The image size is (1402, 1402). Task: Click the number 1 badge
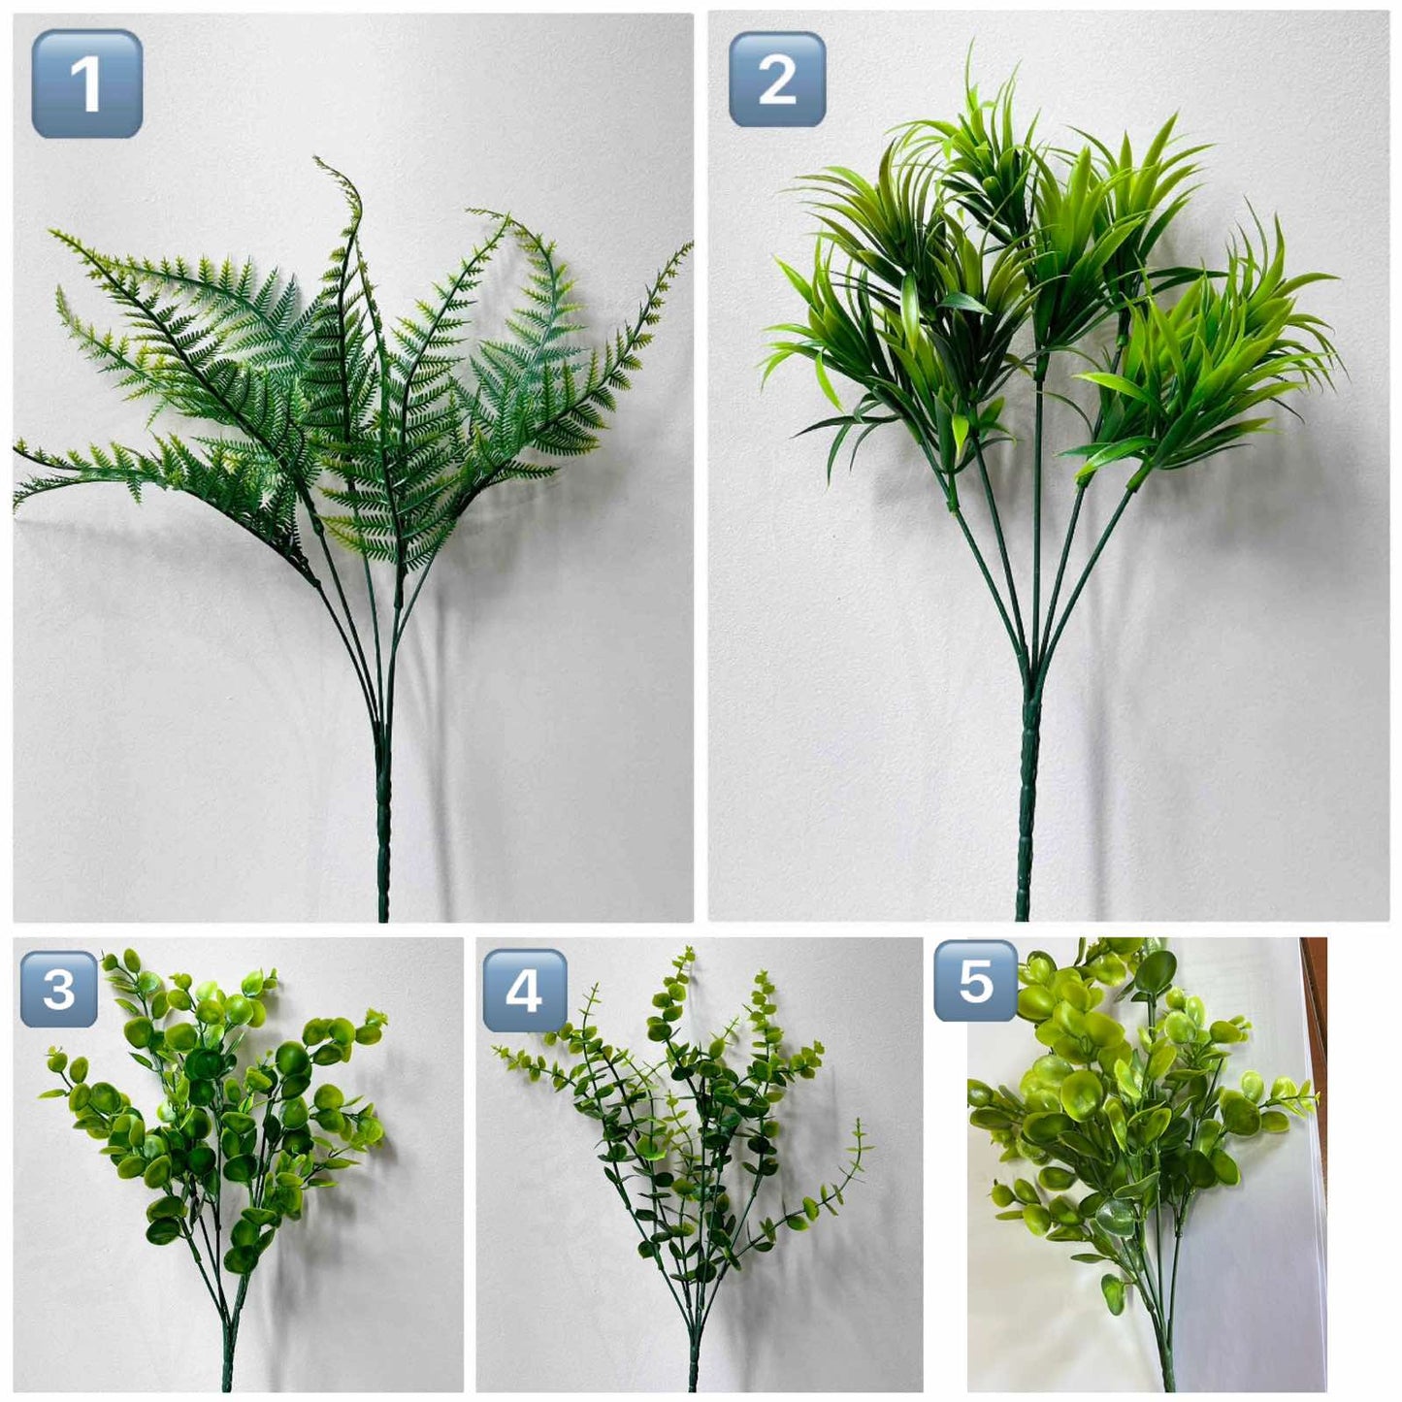[87, 83]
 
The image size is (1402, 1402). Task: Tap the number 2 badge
[776, 79]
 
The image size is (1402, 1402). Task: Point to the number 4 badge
[525, 991]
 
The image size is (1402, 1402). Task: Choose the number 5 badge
[976, 980]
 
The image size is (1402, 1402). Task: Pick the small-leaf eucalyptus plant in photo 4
[684, 1164]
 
